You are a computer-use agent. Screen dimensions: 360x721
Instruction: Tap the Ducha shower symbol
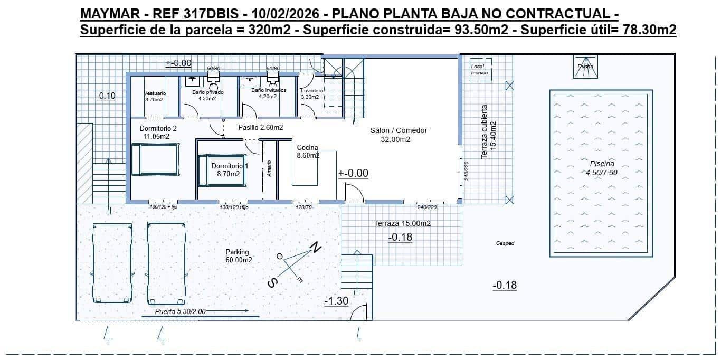585,67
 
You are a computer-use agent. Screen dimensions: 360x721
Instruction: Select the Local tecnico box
480,70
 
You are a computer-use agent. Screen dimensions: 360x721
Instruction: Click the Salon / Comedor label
395,135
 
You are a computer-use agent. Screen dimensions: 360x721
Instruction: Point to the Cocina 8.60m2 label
308,151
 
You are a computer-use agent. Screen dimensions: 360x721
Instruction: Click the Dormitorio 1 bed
222,170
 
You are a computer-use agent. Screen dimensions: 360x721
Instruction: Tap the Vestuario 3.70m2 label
154,96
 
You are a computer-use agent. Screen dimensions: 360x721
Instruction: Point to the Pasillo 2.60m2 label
260,127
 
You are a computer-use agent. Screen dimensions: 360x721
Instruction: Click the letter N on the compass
316,247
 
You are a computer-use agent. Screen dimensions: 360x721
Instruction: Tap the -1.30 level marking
336,301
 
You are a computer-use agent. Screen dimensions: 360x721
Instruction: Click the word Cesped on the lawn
505,243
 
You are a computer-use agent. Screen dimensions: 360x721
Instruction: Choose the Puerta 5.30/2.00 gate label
180,311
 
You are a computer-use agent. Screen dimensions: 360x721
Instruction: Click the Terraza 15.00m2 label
402,223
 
